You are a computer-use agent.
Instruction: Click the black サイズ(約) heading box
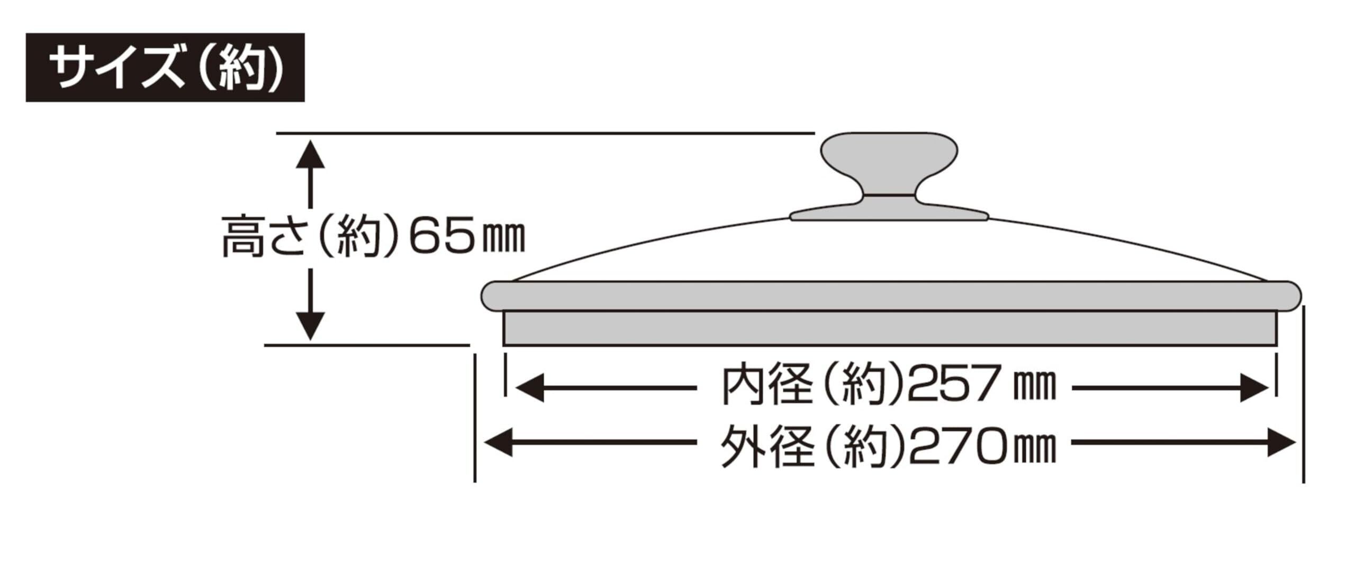click(x=165, y=67)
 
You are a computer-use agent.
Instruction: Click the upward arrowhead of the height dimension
click(x=310, y=153)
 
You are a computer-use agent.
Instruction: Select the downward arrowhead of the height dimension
click(x=310, y=326)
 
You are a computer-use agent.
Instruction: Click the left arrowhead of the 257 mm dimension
click(x=529, y=388)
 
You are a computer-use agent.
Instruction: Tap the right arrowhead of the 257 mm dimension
click(x=1254, y=388)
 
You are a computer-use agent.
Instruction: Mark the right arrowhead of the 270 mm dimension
click(x=1281, y=443)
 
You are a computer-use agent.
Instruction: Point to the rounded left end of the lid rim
click(x=492, y=297)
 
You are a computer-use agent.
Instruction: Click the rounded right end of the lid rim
click(x=1289, y=297)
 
